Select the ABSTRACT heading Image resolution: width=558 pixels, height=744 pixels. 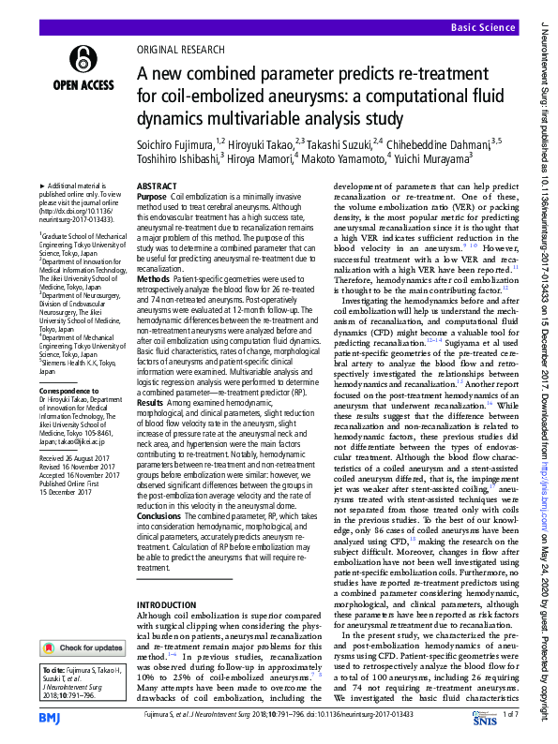158,187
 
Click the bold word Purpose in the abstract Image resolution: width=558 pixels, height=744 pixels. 152,199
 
